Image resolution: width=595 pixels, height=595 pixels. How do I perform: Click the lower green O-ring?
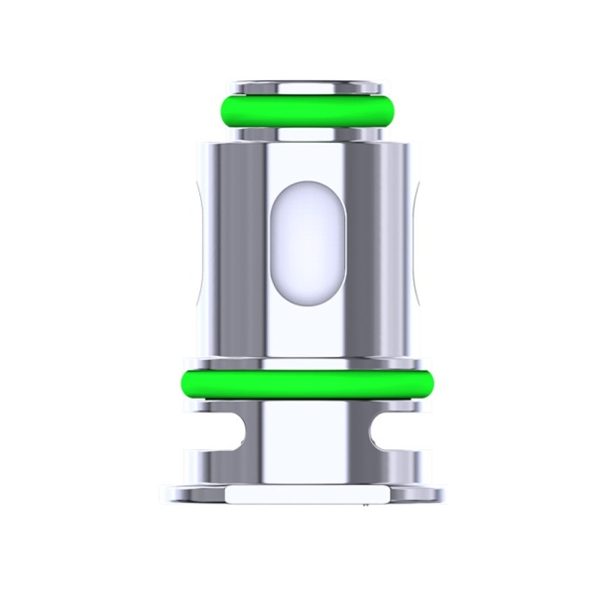297,383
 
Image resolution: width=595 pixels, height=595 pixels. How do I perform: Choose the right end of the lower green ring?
416,383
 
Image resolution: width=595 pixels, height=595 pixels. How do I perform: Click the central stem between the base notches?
297,436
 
